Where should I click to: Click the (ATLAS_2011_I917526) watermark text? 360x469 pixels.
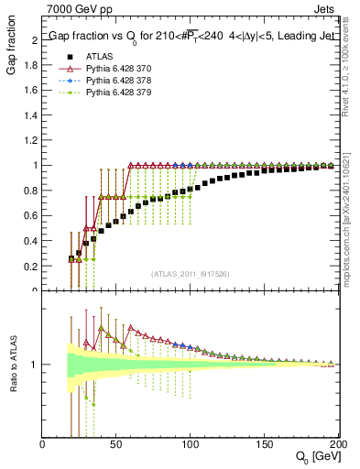pos(190,274)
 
